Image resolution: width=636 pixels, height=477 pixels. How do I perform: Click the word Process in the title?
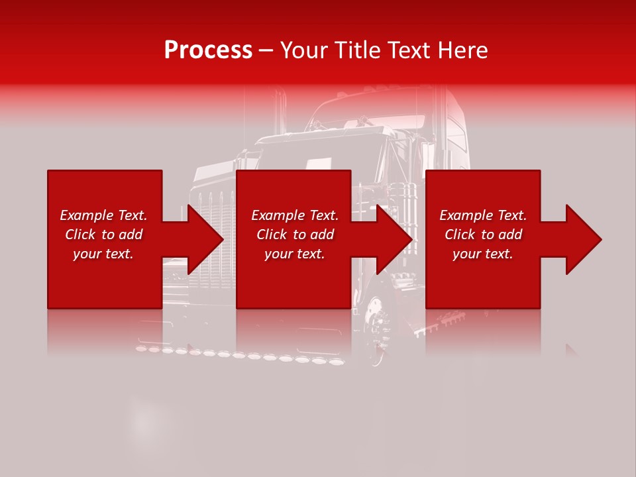click(208, 50)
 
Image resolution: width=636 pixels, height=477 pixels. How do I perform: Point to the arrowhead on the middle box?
click(393, 239)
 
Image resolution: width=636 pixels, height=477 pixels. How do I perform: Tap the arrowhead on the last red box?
click(582, 239)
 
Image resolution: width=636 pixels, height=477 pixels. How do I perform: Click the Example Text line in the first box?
click(103, 215)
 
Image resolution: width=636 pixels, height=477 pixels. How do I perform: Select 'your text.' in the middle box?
click(294, 254)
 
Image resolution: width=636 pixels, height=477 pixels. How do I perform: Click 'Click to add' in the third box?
click(483, 235)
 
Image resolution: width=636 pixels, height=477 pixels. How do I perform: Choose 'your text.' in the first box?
click(103, 254)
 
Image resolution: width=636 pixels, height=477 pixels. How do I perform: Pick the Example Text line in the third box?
click(483, 215)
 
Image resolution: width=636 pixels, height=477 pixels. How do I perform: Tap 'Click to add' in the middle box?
click(295, 235)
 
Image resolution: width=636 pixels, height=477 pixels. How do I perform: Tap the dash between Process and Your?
click(266, 50)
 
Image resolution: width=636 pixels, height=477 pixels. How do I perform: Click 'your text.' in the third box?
click(483, 254)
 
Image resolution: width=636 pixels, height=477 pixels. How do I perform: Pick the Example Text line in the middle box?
click(295, 215)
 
